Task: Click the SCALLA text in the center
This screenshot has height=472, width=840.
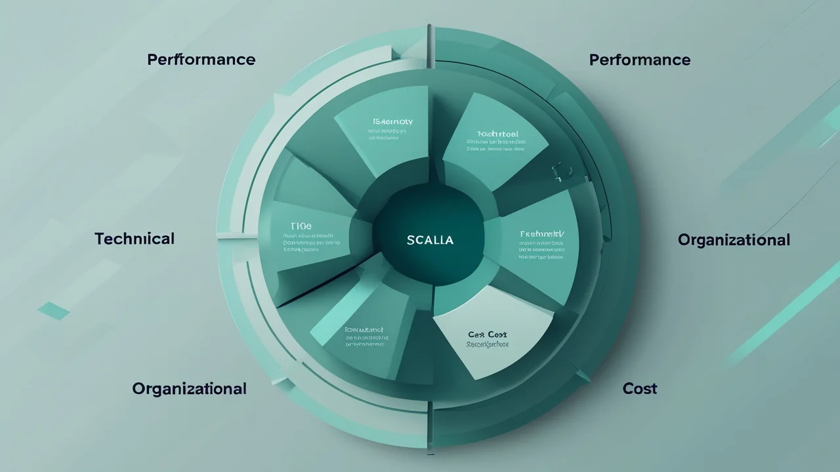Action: click(x=430, y=240)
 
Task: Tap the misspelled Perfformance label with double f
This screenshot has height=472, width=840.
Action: click(x=201, y=60)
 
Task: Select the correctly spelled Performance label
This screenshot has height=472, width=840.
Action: click(x=639, y=60)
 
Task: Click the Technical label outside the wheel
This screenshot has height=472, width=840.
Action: click(x=135, y=239)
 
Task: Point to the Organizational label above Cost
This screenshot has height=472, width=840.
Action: click(x=733, y=240)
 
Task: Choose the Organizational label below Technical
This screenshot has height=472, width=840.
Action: click(x=189, y=389)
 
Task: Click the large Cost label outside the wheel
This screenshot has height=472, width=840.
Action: click(x=639, y=389)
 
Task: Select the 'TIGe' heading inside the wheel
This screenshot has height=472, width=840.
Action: click(x=301, y=226)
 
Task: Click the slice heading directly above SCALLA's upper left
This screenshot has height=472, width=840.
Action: click(x=392, y=122)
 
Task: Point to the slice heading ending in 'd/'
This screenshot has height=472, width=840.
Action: click(x=541, y=234)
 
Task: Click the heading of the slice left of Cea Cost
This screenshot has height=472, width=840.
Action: click(x=364, y=330)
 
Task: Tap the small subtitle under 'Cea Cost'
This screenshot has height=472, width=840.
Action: click(x=488, y=344)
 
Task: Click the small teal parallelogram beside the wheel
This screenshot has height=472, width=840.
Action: click(x=54, y=310)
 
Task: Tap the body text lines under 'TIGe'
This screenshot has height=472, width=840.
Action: click(x=311, y=243)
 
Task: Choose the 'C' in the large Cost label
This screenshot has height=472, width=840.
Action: click(x=627, y=389)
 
